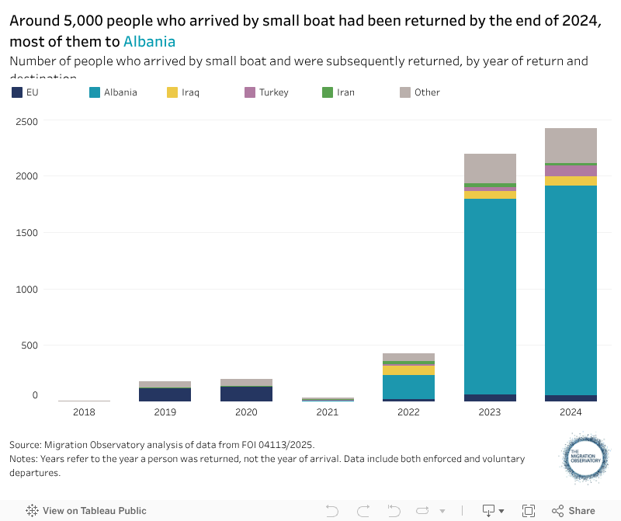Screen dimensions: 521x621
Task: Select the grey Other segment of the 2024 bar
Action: (x=571, y=145)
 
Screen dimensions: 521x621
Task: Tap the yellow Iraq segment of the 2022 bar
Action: (x=408, y=370)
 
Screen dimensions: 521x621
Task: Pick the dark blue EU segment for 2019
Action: (x=165, y=394)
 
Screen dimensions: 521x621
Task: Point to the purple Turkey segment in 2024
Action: (x=571, y=171)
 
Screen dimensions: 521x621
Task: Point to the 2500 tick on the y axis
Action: (x=26, y=120)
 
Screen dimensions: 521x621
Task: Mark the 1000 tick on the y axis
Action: (x=26, y=289)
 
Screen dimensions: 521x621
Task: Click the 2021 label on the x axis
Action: (x=328, y=412)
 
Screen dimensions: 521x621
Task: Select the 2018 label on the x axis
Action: (x=84, y=412)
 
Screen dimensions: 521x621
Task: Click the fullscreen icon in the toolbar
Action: (x=529, y=511)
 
